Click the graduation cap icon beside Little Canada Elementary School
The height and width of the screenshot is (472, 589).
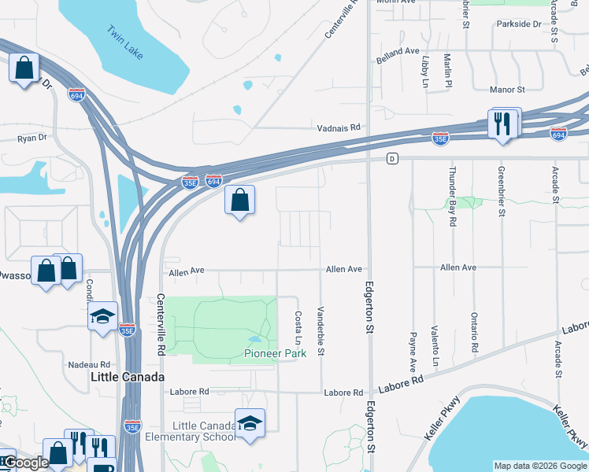[250, 425]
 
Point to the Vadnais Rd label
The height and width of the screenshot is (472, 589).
[338, 127]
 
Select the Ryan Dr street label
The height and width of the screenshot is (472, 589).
[32, 137]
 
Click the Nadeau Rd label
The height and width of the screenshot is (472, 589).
[89, 364]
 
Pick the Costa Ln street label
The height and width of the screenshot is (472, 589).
[298, 328]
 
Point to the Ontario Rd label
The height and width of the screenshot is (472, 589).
[475, 336]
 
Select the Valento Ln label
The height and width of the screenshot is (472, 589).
[435, 346]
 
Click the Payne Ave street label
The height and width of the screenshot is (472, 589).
[413, 351]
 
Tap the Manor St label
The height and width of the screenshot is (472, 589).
[506, 90]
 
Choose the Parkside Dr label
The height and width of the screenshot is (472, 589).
[519, 24]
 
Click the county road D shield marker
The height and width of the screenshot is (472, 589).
[391, 159]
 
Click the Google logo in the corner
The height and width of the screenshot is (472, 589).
[26, 463]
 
